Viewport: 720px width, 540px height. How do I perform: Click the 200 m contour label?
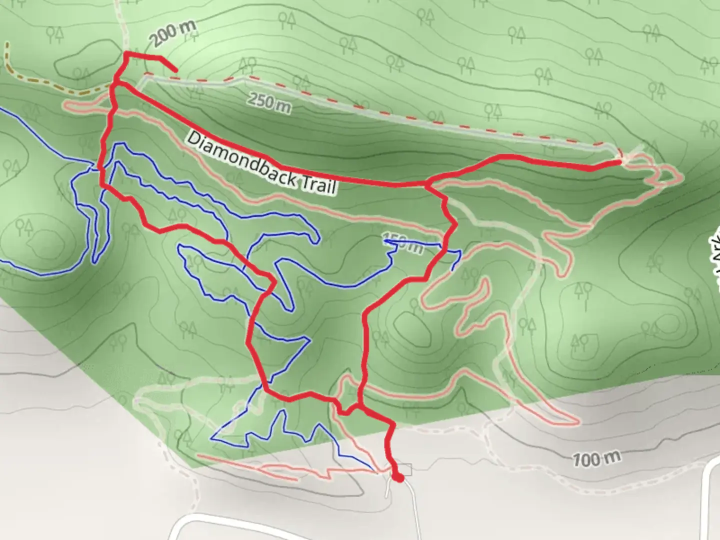[171, 33]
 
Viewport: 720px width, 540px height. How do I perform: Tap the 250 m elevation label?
[268, 102]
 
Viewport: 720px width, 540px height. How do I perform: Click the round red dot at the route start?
[398, 477]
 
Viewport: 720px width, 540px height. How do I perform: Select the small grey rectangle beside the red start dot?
[405, 469]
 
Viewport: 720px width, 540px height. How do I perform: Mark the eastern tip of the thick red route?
[620, 161]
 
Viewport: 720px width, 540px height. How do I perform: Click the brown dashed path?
[30, 80]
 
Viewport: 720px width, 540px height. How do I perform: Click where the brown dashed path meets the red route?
[113, 86]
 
